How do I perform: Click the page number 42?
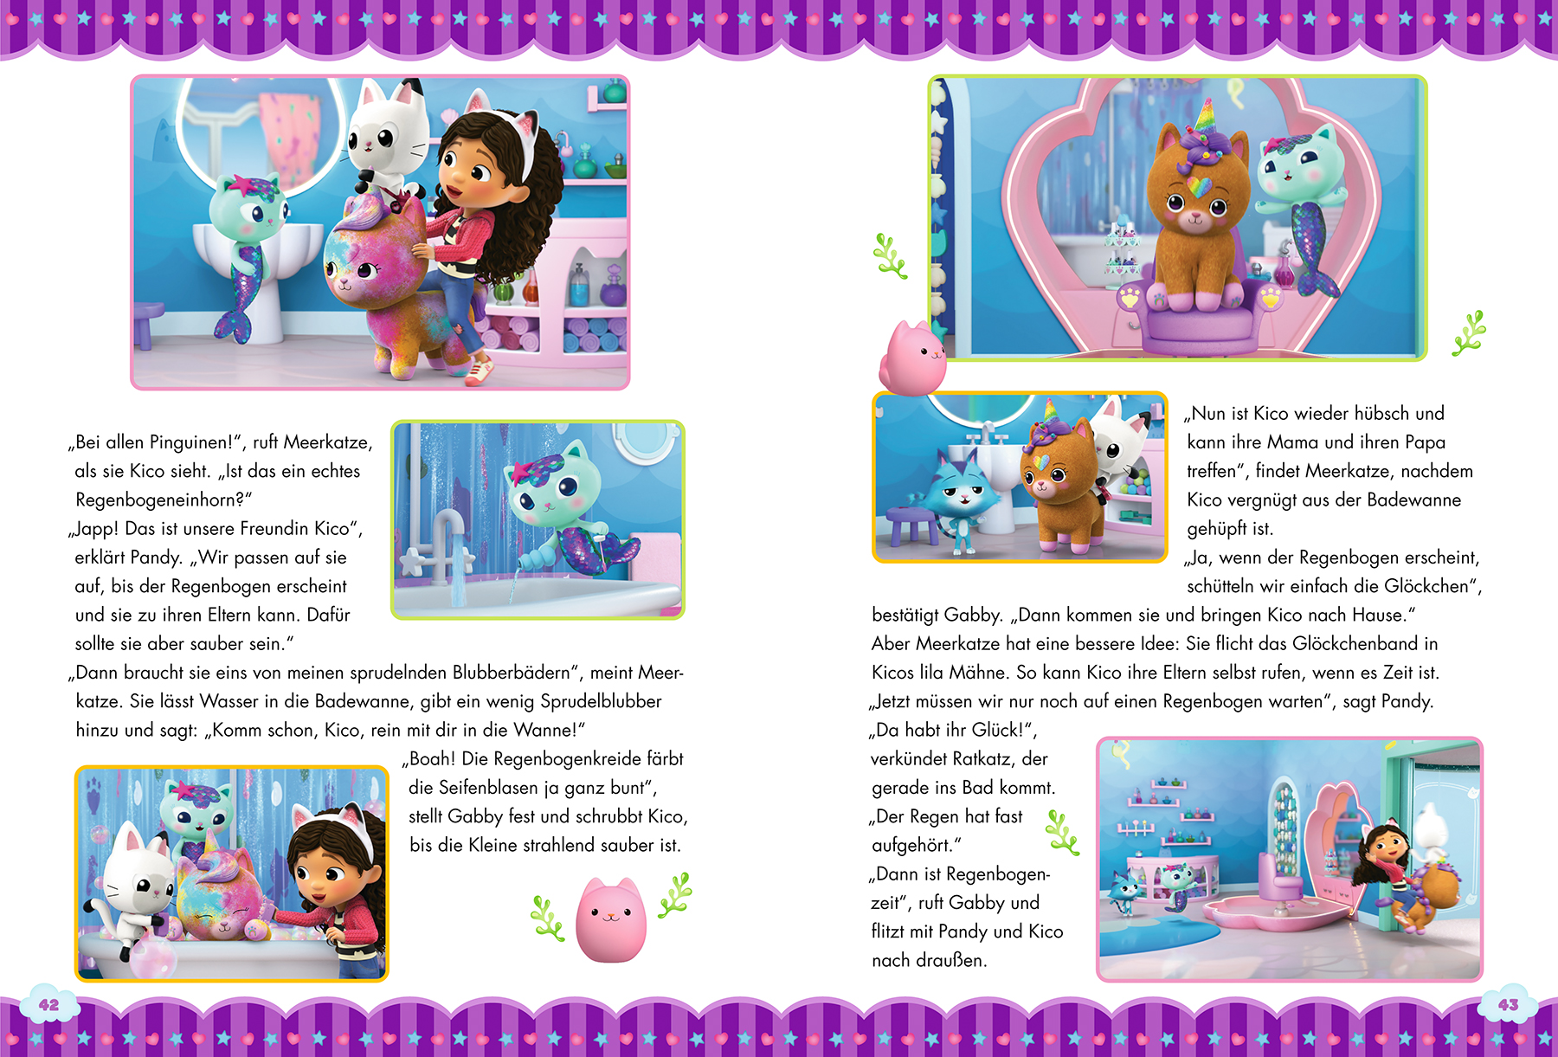49,1005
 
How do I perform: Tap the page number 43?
1509,1005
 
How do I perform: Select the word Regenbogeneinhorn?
155,499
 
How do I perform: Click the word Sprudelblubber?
601,701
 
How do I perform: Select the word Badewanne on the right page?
1420,499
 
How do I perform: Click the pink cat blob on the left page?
610,919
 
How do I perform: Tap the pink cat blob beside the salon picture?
912,358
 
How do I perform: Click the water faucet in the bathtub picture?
446,541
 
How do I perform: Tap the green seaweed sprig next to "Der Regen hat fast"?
1063,833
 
